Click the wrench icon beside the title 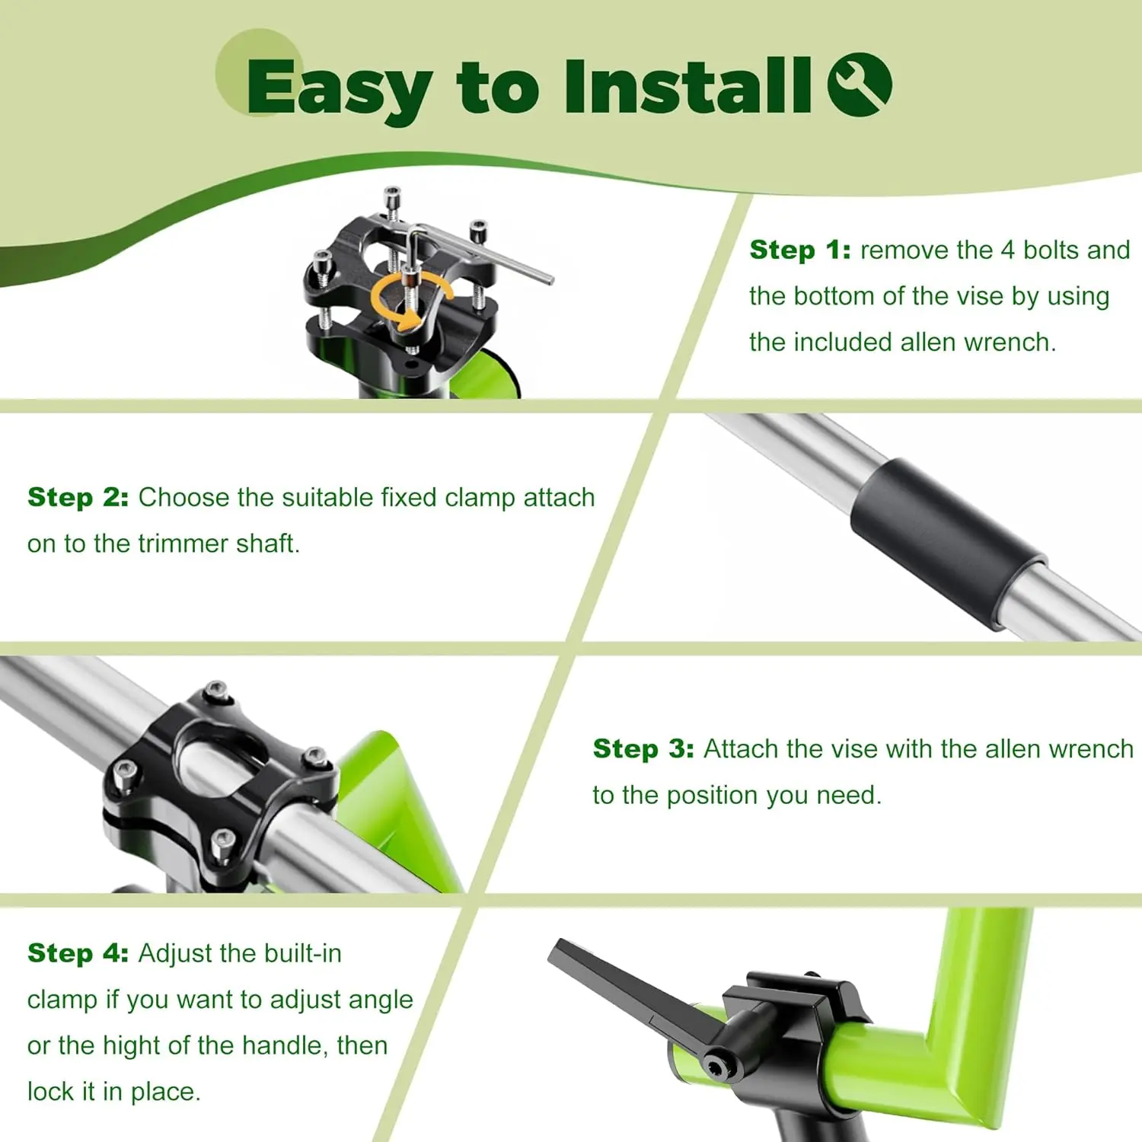(860, 85)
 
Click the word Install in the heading (687, 85)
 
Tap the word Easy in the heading (340, 90)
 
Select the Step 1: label (800, 250)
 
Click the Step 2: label (78, 497)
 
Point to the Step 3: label (643, 749)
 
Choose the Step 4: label (78, 953)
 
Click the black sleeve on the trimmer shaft (949, 544)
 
